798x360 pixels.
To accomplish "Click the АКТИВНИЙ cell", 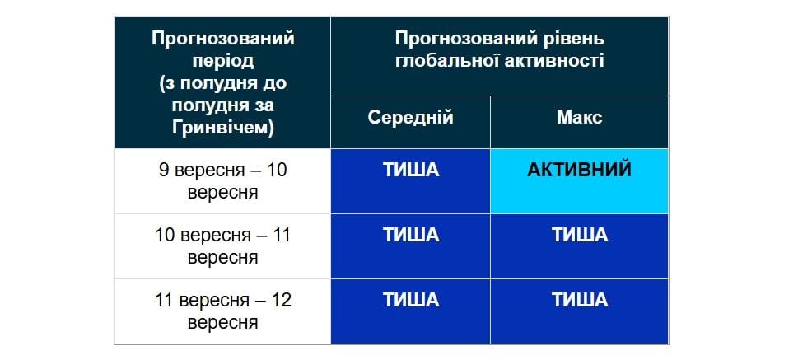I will [x=579, y=170].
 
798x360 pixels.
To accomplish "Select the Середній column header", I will [x=410, y=117].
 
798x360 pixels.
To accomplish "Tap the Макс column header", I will [x=579, y=117].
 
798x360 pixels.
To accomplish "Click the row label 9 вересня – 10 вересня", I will [x=222, y=181].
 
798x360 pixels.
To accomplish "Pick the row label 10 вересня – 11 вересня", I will [x=222, y=246].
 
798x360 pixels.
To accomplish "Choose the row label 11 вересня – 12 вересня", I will [x=222, y=311].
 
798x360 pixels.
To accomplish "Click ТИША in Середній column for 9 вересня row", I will [x=410, y=170].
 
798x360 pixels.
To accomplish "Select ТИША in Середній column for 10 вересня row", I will [x=410, y=235].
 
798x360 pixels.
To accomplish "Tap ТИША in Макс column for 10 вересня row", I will [x=579, y=235].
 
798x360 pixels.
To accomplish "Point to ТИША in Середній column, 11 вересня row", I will [x=410, y=300].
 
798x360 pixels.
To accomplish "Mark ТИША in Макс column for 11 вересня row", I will [x=579, y=300].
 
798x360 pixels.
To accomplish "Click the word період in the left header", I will [x=222, y=60].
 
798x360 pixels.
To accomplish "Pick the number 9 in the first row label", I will [x=164, y=171].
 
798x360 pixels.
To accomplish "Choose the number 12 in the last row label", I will [x=282, y=301].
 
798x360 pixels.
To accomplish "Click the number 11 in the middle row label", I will [x=282, y=236].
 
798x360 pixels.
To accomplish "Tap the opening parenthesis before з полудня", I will [x=163, y=83].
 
